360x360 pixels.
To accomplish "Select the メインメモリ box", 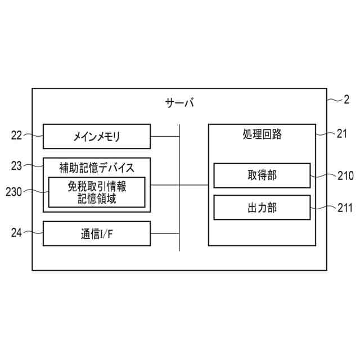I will [x=97, y=137].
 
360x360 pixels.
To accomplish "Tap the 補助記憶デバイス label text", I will [x=97, y=166].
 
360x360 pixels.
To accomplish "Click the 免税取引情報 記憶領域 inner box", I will [x=97, y=192].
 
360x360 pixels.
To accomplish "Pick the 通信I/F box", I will [x=97, y=233].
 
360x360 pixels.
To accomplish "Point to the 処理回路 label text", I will [x=262, y=134].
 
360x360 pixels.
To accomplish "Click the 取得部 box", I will [x=262, y=175].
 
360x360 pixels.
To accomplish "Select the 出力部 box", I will [x=262, y=208].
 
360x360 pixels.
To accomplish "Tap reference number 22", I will [x=16, y=135].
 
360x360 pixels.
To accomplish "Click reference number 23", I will [x=16, y=165].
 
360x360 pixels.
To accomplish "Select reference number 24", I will [x=16, y=232].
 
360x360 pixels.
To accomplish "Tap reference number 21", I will [x=342, y=134].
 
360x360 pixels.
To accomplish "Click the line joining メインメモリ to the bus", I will [x=165, y=136].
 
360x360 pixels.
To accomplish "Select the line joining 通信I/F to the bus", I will [x=165, y=233].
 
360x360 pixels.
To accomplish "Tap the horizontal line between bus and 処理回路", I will [x=194, y=184].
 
